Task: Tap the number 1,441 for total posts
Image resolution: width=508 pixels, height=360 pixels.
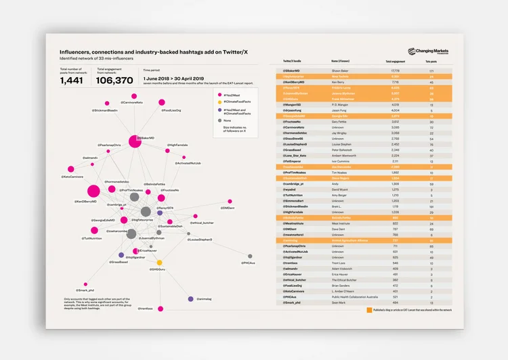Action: coord(72,80)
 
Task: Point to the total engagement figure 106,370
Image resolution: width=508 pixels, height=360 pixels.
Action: coord(114,80)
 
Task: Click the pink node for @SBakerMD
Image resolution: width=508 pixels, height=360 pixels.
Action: coord(134,141)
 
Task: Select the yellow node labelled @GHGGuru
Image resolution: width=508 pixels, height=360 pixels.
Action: coord(160,263)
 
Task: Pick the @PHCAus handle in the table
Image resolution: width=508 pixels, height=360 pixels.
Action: coord(290,296)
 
